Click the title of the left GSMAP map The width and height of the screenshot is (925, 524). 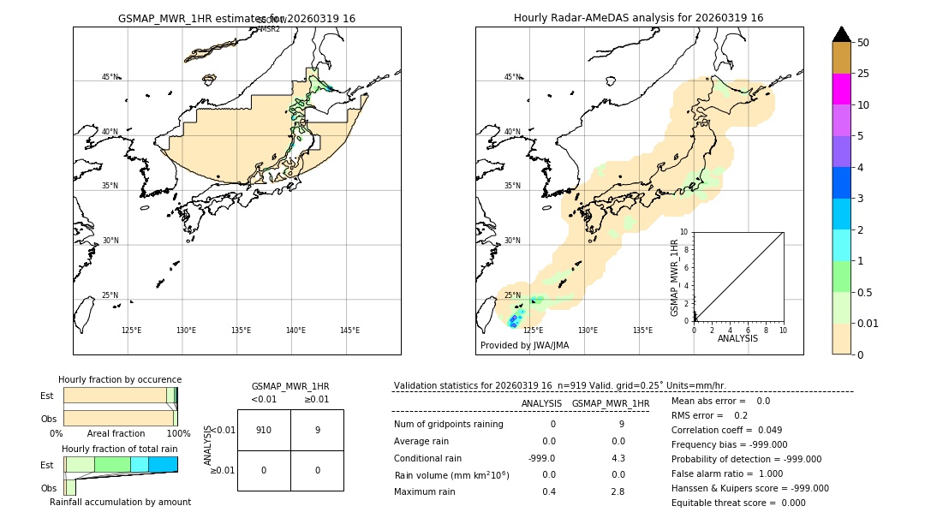[x=236, y=18]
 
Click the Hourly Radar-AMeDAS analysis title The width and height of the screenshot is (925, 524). [x=638, y=18]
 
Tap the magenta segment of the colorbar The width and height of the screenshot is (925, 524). [x=841, y=89]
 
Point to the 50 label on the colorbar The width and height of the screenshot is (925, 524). [x=863, y=42]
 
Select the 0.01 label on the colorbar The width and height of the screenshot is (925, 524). [x=868, y=323]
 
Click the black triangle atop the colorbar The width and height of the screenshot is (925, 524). [x=841, y=34]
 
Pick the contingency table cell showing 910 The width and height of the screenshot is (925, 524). [x=264, y=430]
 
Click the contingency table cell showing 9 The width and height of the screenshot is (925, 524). [x=317, y=430]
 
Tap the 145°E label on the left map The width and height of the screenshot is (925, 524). [x=349, y=330]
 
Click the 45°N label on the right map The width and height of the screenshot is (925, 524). [x=512, y=77]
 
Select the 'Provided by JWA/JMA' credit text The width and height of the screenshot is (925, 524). [x=524, y=346]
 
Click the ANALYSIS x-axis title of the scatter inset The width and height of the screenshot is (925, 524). [x=737, y=339]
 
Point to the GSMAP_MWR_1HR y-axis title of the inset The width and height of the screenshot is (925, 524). [x=675, y=277]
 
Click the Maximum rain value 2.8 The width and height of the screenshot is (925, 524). [x=617, y=491]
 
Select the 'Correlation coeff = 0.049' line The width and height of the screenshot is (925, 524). [x=727, y=430]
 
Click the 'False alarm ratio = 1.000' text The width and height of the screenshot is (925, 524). [x=727, y=473]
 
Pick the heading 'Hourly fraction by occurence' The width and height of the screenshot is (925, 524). [x=120, y=379]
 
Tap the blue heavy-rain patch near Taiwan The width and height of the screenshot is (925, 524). [x=514, y=321]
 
